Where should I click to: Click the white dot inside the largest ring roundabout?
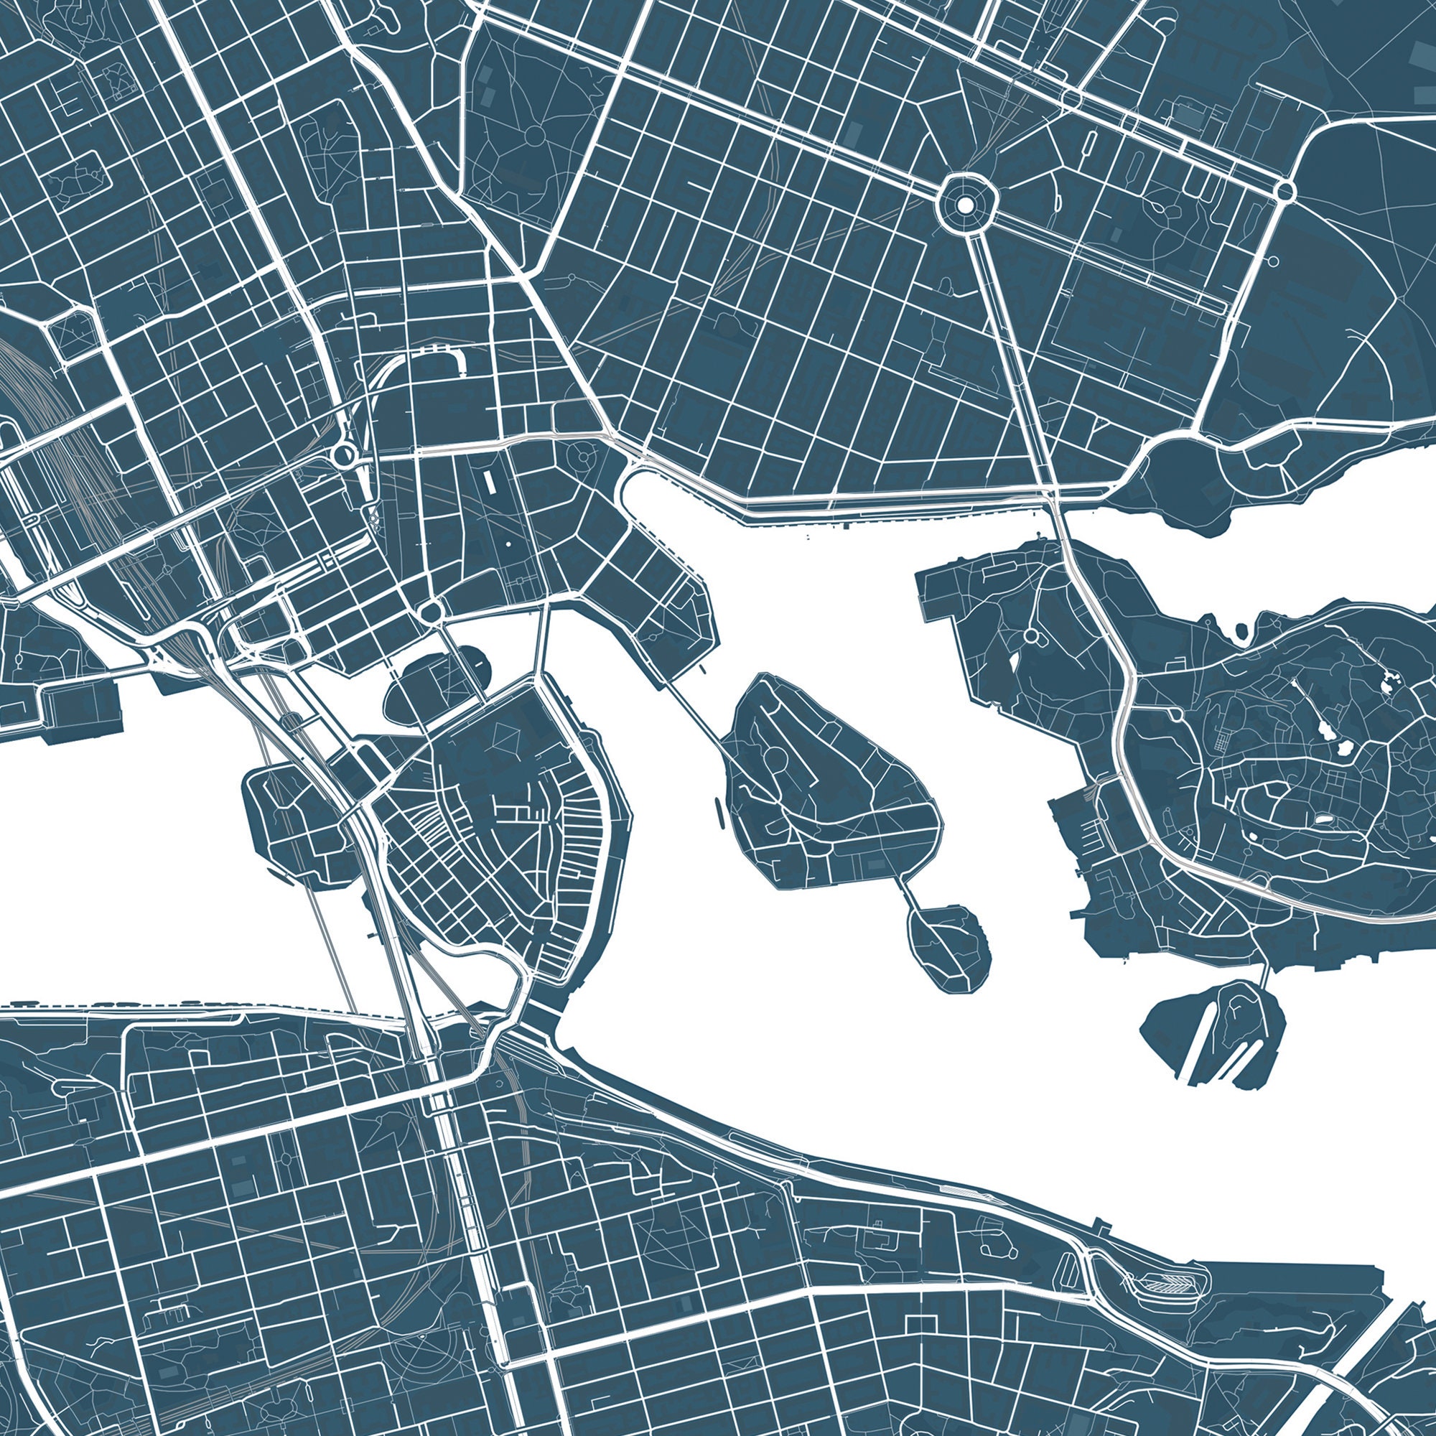pyautogui.click(x=964, y=204)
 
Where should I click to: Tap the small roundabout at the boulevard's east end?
pyautogui.click(x=1285, y=191)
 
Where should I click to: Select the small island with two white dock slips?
pyautogui.click(x=1211, y=1033)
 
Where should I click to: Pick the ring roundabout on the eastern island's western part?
pyautogui.click(x=1031, y=636)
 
